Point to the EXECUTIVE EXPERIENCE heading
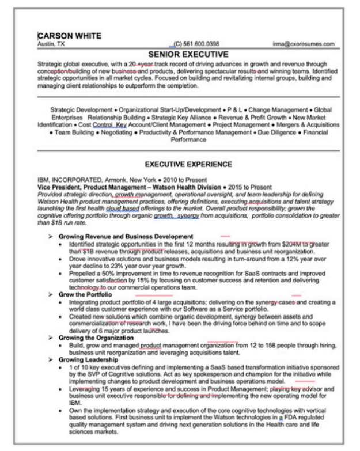pos(180,164)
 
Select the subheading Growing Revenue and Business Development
pos(126,236)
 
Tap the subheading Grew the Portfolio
pos(85,294)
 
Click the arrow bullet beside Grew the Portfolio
pos(51,294)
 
